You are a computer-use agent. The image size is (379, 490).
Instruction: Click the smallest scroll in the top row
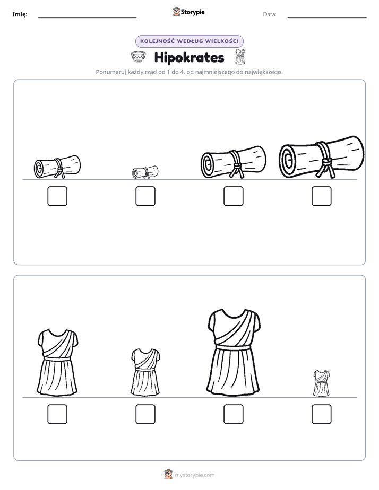(x=145, y=172)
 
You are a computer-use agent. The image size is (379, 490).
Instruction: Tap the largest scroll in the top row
(x=322, y=157)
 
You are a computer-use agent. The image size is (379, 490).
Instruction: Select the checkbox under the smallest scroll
(x=145, y=196)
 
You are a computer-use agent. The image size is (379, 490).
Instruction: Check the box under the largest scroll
(x=322, y=196)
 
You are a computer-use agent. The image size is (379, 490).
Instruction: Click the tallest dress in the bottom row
(x=234, y=351)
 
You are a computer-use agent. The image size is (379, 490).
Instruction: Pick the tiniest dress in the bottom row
(x=322, y=383)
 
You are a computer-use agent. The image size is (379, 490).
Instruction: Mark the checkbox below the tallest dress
(x=234, y=414)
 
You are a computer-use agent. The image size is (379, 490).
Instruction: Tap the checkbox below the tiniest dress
(x=322, y=414)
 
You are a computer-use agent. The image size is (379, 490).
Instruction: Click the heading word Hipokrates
(x=189, y=57)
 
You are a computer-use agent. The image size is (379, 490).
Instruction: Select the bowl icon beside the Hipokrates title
(x=138, y=57)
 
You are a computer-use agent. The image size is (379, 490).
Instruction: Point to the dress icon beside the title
(x=240, y=57)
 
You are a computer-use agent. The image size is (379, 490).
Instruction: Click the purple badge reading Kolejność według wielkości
(x=189, y=41)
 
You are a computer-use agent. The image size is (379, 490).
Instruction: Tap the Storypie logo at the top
(x=189, y=12)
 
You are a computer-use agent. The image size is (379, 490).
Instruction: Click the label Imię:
(x=20, y=14)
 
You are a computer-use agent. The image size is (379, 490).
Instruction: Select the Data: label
(x=270, y=14)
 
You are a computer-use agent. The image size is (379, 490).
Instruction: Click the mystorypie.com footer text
(x=194, y=475)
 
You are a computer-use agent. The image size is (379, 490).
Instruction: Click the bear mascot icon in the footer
(x=168, y=475)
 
